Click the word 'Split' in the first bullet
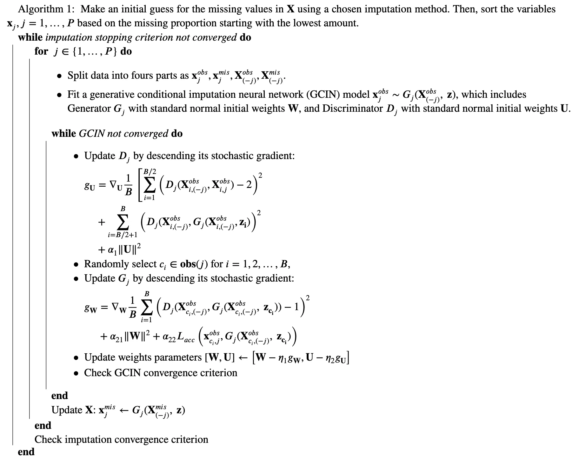click(x=77, y=76)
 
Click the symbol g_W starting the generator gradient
click(x=91, y=308)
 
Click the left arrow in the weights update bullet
click(x=243, y=358)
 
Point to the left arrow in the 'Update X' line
click(x=124, y=410)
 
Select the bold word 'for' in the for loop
click(x=41, y=51)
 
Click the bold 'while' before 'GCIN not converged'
click(x=63, y=134)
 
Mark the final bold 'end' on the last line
click(x=26, y=452)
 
